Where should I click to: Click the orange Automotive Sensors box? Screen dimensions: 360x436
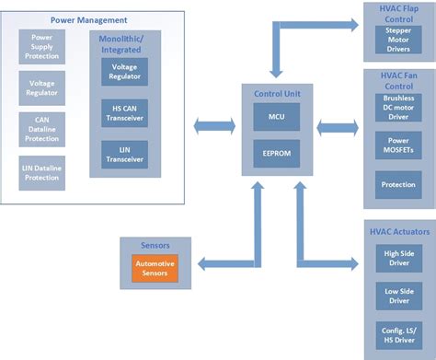tap(155, 269)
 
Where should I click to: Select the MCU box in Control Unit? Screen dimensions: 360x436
tap(277, 117)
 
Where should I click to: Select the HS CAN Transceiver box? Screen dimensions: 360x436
tap(125, 113)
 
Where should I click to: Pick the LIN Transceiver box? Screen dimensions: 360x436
tap(125, 154)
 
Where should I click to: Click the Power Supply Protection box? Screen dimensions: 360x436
tap(43, 47)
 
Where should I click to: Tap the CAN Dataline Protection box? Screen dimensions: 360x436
tap(43, 130)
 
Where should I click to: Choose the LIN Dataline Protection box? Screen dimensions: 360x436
tap(43, 170)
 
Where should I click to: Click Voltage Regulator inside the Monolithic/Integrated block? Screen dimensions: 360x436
tap(125, 73)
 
